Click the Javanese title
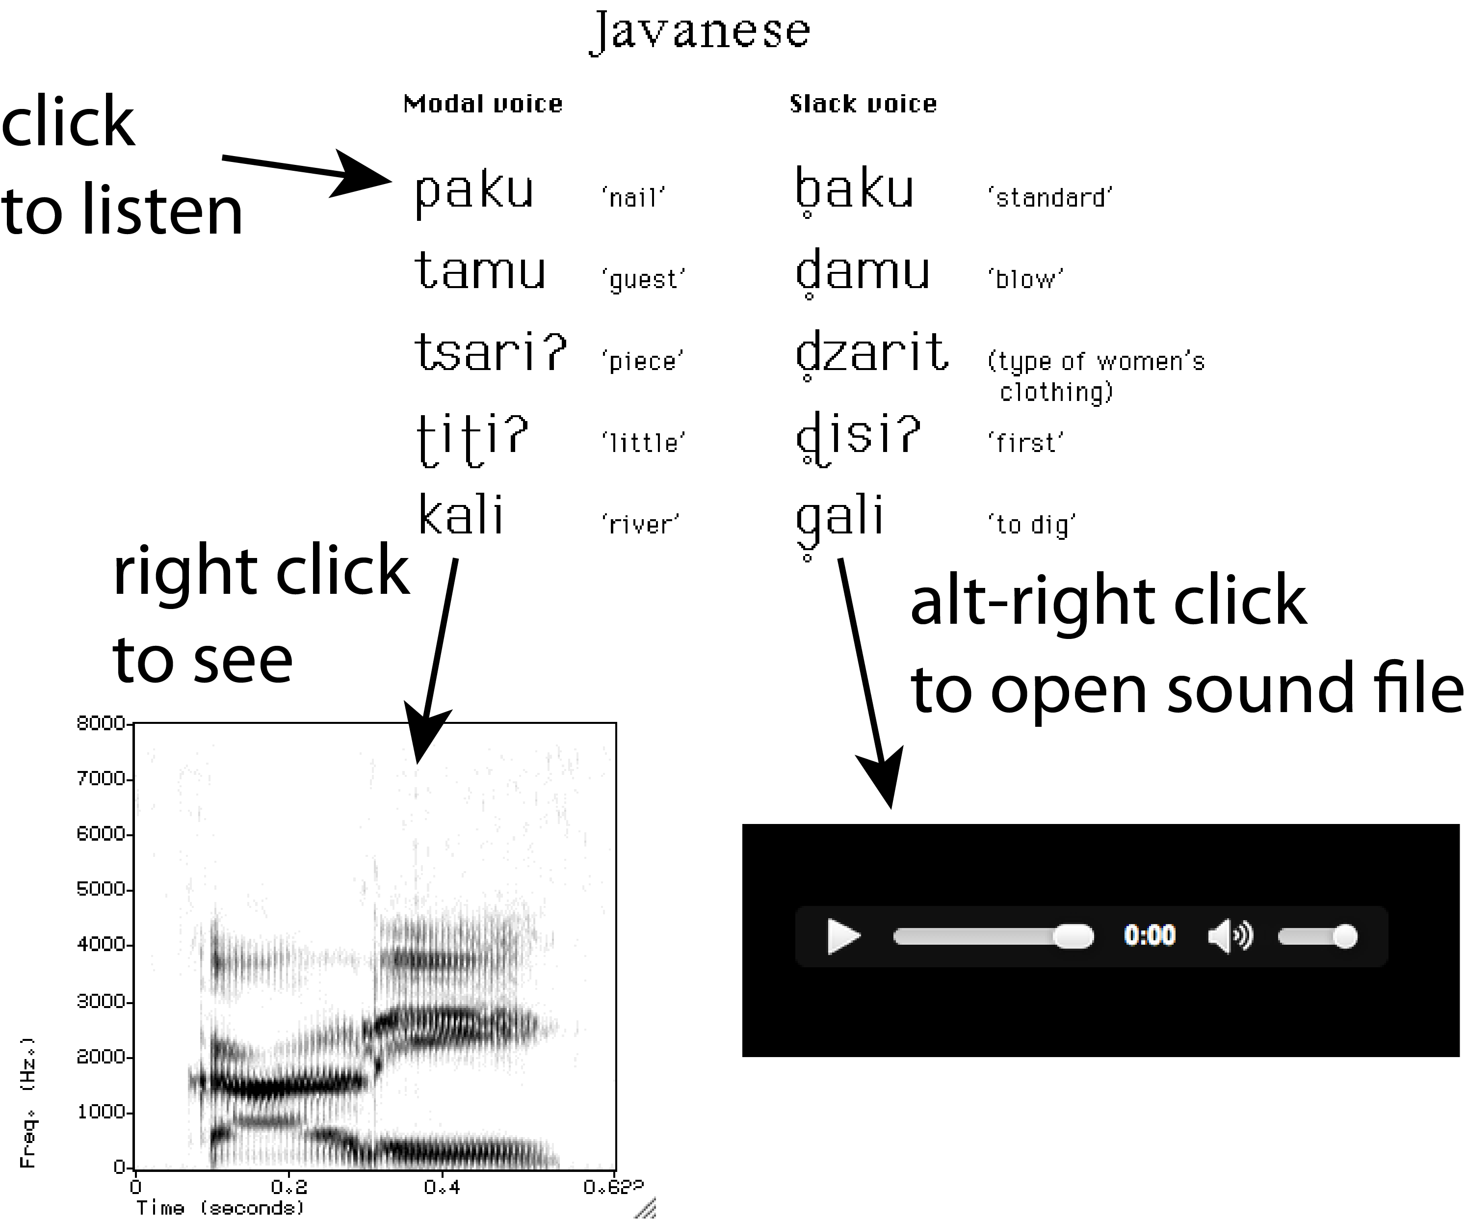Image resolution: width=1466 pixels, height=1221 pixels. point(700,31)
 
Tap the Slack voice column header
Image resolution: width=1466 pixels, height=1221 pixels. point(863,104)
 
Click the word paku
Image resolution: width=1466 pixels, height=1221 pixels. point(474,190)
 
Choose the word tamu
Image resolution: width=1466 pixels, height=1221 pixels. point(480,271)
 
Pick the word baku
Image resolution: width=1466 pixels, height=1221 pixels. point(855,190)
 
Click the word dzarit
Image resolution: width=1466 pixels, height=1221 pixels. point(872,352)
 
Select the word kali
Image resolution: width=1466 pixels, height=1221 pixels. point(461,515)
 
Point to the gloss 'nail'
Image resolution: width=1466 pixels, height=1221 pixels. point(633,198)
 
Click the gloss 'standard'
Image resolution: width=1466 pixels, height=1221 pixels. point(1050,198)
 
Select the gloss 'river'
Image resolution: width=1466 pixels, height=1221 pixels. point(640,524)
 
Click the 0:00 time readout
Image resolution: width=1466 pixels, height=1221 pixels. point(1149,935)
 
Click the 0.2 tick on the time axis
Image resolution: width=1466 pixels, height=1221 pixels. point(289,1186)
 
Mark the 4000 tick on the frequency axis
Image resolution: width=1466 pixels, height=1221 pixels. point(101,945)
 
